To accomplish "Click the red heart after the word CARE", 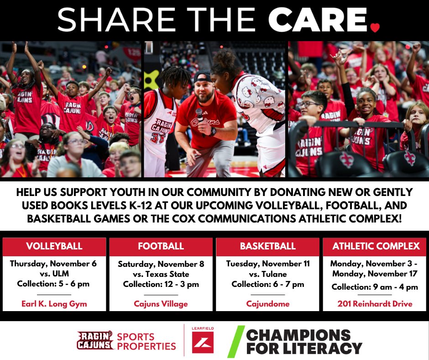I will coord(375,28).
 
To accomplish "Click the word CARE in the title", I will coord(318,20).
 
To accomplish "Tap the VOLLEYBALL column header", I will coord(54,246).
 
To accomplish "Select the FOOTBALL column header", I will coord(161,246).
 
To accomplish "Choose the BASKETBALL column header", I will coord(267,246).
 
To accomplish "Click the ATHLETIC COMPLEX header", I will coord(376,246).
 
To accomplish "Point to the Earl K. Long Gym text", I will coord(54,303).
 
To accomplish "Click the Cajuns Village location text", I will coord(161,303).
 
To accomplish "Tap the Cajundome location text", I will coord(267,303).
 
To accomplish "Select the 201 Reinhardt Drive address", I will coord(376,303).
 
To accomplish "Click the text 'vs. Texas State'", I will coord(161,274).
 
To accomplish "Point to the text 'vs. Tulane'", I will coord(267,274).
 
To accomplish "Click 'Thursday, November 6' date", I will coord(54,264).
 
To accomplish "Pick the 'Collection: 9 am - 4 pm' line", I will coord(376,287).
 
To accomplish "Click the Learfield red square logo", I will coord(203,342).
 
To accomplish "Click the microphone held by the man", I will coord(199,116).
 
